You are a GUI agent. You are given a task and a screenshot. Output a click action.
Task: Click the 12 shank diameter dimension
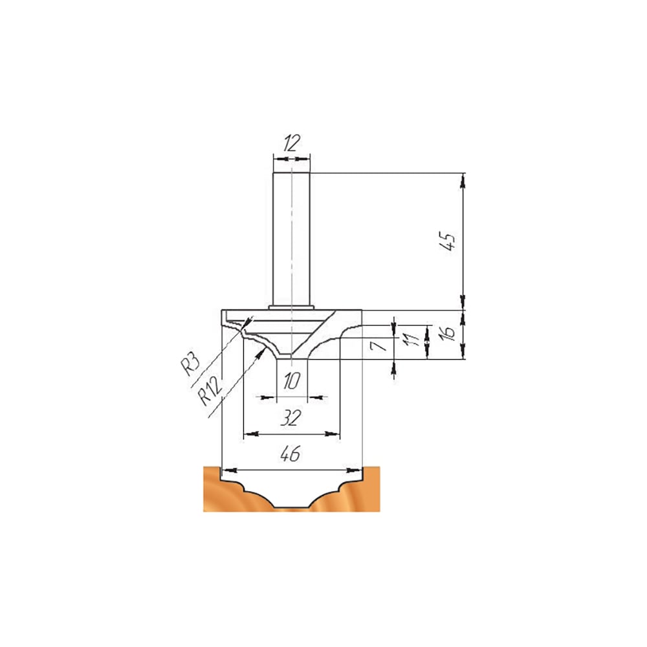coord(292,143)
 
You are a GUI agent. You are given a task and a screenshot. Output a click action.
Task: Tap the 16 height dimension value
coord(448,333)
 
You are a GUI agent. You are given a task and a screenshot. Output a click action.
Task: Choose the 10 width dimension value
coord(291,381)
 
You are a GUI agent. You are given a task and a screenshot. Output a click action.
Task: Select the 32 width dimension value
coord(291,418)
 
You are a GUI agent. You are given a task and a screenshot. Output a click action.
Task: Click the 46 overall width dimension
coord(291,454)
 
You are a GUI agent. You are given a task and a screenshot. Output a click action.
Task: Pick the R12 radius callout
coord(210,391)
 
